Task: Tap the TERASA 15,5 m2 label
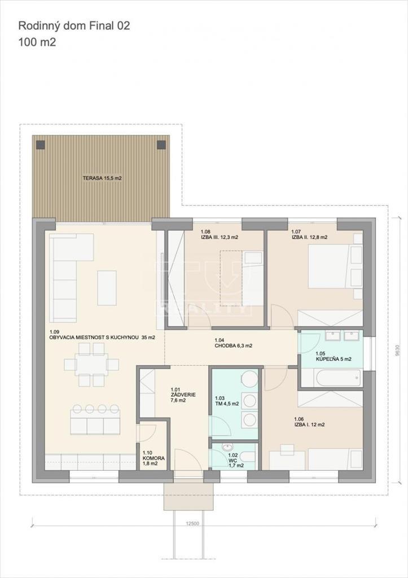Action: tap(102, 178)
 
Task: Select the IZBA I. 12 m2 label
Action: tap(309, 422)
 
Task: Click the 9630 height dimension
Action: tap(397, 350)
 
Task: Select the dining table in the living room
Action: tap(91, 365)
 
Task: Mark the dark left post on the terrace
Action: tap(40, 144)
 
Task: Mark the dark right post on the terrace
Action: tap(161, 144)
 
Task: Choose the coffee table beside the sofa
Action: tap(107, 287)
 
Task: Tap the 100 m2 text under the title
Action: tap(37, 42)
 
